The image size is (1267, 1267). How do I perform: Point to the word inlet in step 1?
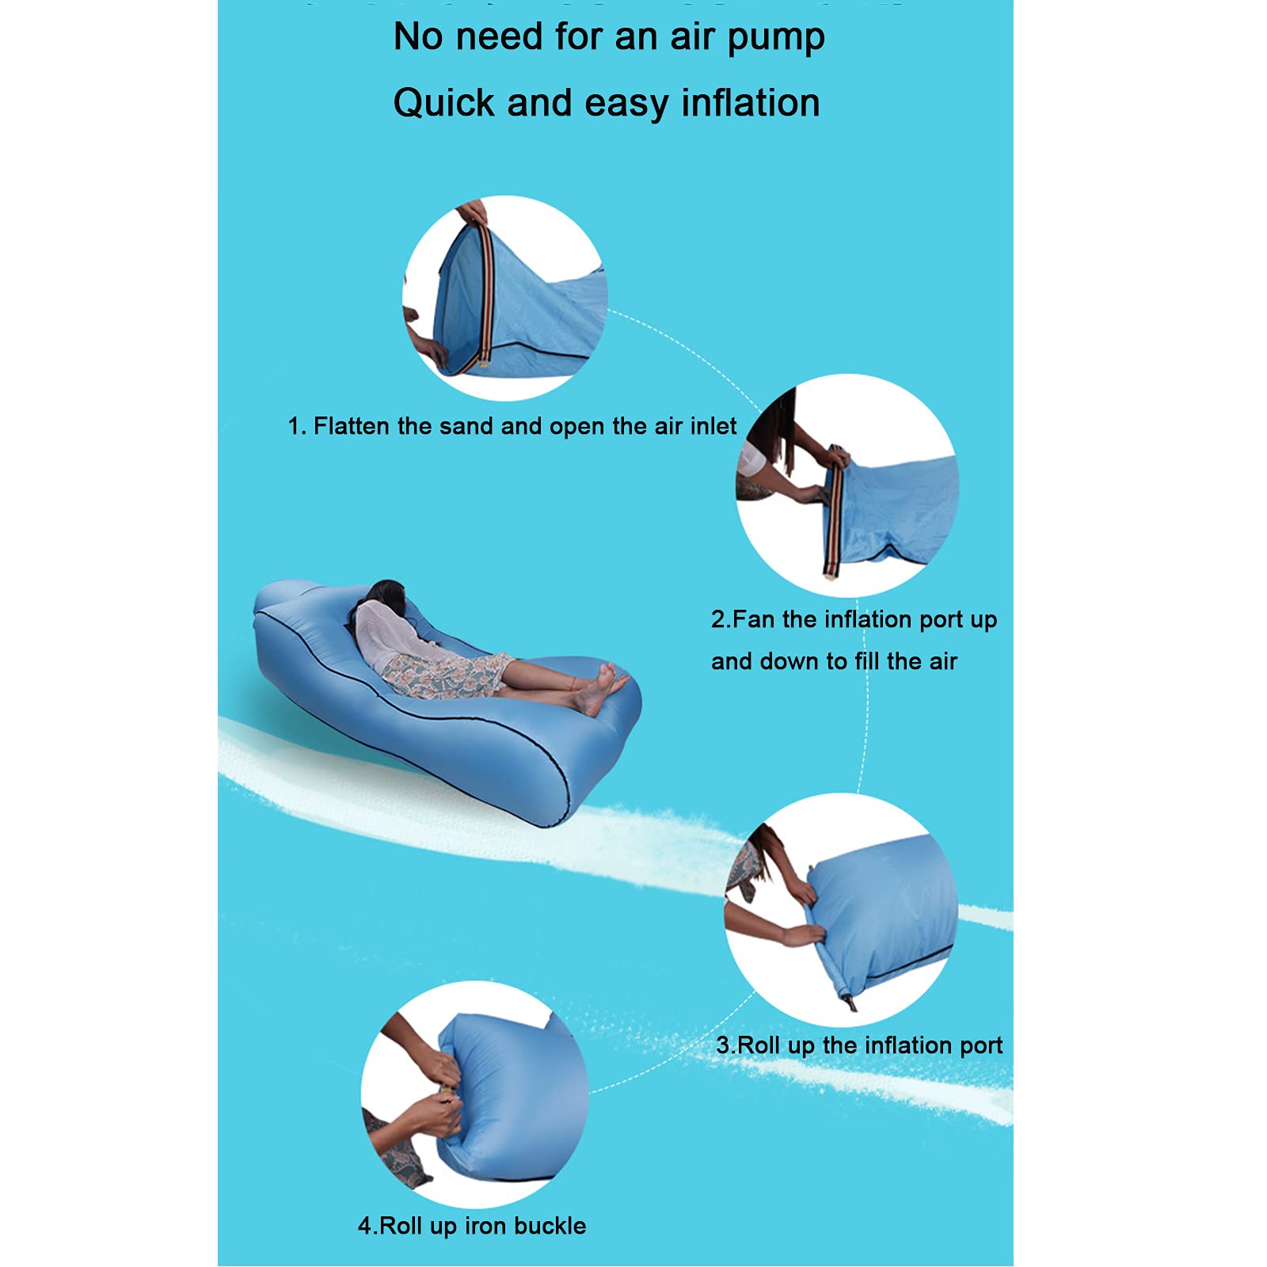tap(713, 426)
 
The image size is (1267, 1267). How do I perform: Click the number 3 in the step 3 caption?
tap(723, 1045)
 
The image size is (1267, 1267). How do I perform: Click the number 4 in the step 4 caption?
tap(365, 1226)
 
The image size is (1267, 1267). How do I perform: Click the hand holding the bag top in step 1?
tap(473, 212)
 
